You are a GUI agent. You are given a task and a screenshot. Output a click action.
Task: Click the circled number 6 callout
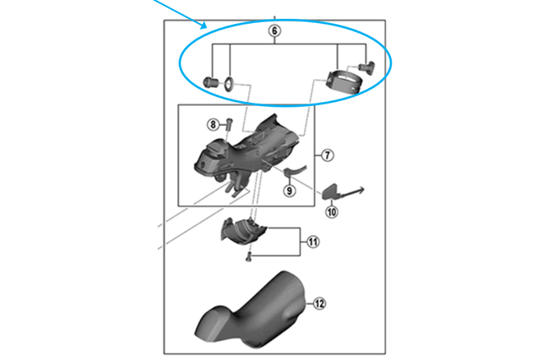click(274, 30)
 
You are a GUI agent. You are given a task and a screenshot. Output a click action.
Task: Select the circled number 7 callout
click(327, 155)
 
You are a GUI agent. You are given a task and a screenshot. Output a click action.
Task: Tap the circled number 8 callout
click(213, 124)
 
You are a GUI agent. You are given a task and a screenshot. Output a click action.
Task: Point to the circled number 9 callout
click(289, 191)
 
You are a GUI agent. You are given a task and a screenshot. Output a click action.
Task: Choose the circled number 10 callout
click(332, 211)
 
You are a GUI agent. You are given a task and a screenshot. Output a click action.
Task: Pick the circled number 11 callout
click(313, 242)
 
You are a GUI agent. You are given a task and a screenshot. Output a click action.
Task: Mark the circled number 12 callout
click(319, 303)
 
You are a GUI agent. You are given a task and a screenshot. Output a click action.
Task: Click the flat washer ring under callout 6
click(229, 84)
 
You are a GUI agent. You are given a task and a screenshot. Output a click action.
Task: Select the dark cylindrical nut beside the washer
click(211, 82)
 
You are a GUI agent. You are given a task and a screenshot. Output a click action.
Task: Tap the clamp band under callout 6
click(344, 81)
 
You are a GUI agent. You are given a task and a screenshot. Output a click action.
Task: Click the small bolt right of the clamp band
click(367, 67)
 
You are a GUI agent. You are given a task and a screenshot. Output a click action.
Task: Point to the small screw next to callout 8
click(229, 123)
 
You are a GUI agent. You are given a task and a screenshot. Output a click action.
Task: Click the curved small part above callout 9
click(295, 170)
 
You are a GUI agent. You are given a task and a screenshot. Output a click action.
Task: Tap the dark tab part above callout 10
click(330, 192)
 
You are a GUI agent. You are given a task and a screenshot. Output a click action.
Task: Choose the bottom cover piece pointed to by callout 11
click(243, 231)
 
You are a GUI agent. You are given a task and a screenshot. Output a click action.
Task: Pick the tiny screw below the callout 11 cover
click(248, 257)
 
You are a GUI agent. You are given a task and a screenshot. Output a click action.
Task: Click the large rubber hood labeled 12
click(251, 310)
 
